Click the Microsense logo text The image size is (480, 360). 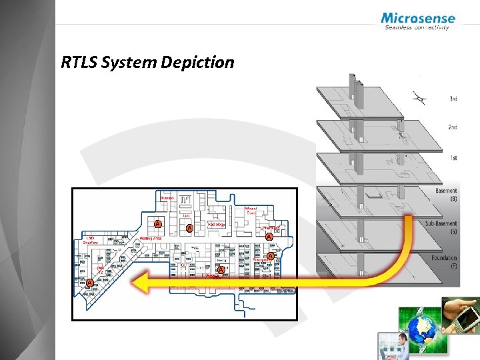coord(418,18)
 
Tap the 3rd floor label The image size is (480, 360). coord(453,99)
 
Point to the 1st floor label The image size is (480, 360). coord(453,158)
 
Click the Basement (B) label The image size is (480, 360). coord(445,195)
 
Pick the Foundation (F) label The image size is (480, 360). coord(444,261)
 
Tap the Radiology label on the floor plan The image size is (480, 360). coord(216,225)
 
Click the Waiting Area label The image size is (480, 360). coord(150,238)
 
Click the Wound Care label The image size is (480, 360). coord(251,211)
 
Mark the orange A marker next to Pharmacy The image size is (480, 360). coord(269,236)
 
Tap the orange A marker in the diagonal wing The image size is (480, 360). coord(89,283)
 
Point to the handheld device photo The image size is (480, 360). coord(462,317)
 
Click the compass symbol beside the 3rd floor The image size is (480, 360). coord(419,99)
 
